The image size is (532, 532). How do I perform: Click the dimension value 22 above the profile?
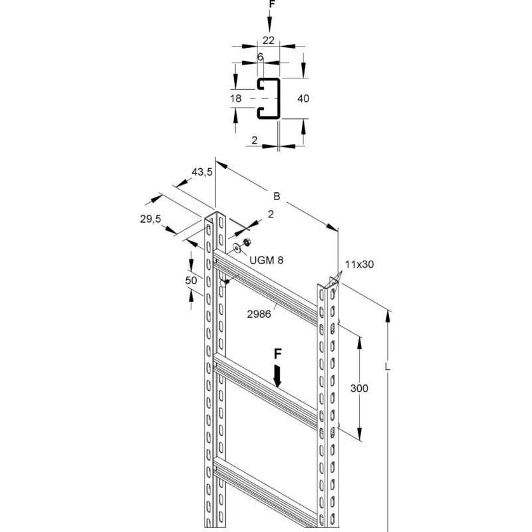pyautogui.click(x=269, y=41)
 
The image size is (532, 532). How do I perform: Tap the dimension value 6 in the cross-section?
pyautogui.click(x=260, y=57)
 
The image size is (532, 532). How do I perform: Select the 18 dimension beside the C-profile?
pyautogui.click(x=235, y=98)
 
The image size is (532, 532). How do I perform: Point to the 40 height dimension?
pyautogui.click(x=303, y=98)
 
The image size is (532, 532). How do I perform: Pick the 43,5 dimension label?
pyautogui.click(x=202, y=172)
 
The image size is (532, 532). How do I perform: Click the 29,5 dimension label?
pyautogui.click(x=150, y=219)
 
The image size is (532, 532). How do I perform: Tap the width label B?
pyautogui.click(x=277, y=196)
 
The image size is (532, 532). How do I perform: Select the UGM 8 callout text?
pyautogui.click(x=267, y=260)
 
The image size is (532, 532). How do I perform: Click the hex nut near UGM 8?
pyautogui.click(x=247, y=242)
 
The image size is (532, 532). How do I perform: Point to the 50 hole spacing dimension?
pyautogui.click(x=191, y=280)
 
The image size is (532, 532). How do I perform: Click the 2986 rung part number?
pyautogui.click(x=259, y=314)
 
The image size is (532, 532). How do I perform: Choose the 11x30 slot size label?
pyautogui.click(x=359, y=264)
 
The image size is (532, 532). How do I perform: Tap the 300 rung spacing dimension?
pyautogui.click(x=359, y=388)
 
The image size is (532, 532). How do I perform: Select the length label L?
pyautogui.click(x=388, y=367)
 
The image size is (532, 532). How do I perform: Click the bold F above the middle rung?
pyautogui.click(x=277, y=354)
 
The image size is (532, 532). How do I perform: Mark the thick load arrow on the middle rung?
pyautogui.click(x=277, y=376)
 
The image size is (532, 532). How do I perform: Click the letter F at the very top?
pyautogui.click(x=271, y=4)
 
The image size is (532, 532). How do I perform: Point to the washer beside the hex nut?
pyautogui.click(x=237, y=248)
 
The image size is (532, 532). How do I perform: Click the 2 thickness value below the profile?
pyautogui.click(x=255, y=140)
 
